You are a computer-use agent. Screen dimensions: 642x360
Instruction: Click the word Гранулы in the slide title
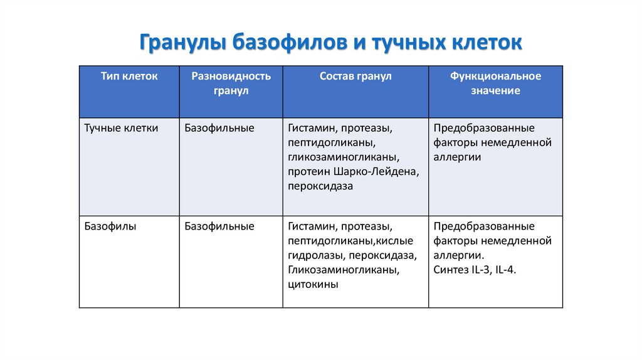pyautogui.click(x=183, y=42)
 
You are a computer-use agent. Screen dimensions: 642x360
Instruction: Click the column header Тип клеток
pyautogui.click(x=129, y=76)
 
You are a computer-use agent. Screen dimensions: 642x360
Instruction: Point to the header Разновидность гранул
pyautogui.click(x=231, y=83)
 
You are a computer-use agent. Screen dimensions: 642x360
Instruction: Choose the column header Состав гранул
pyautogui.click(x=355, y=76)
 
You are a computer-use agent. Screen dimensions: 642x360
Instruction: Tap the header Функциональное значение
pyautogui.click(x=495, y=83)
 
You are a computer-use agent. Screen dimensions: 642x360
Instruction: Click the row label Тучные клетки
pyautogui.click(x=121, y=128)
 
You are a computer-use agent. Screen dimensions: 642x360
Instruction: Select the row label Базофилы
pyautogui.click(x=110, y=226)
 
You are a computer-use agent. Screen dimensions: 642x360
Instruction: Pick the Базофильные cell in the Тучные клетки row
pyautogui.click(x=219, y=128)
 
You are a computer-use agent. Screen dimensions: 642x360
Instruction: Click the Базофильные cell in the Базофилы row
pyautogui.click(x=219, y=226)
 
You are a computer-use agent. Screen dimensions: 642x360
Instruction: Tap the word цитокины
pyautogui.click(x=313, y=284)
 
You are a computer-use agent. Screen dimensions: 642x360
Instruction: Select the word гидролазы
pyautogui.click(x=317, y=255)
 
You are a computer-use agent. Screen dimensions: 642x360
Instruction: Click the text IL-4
pyautogui.click(x=505, y=270)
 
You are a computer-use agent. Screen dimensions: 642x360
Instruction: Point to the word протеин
pyautogui.click(x=309, y=172)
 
